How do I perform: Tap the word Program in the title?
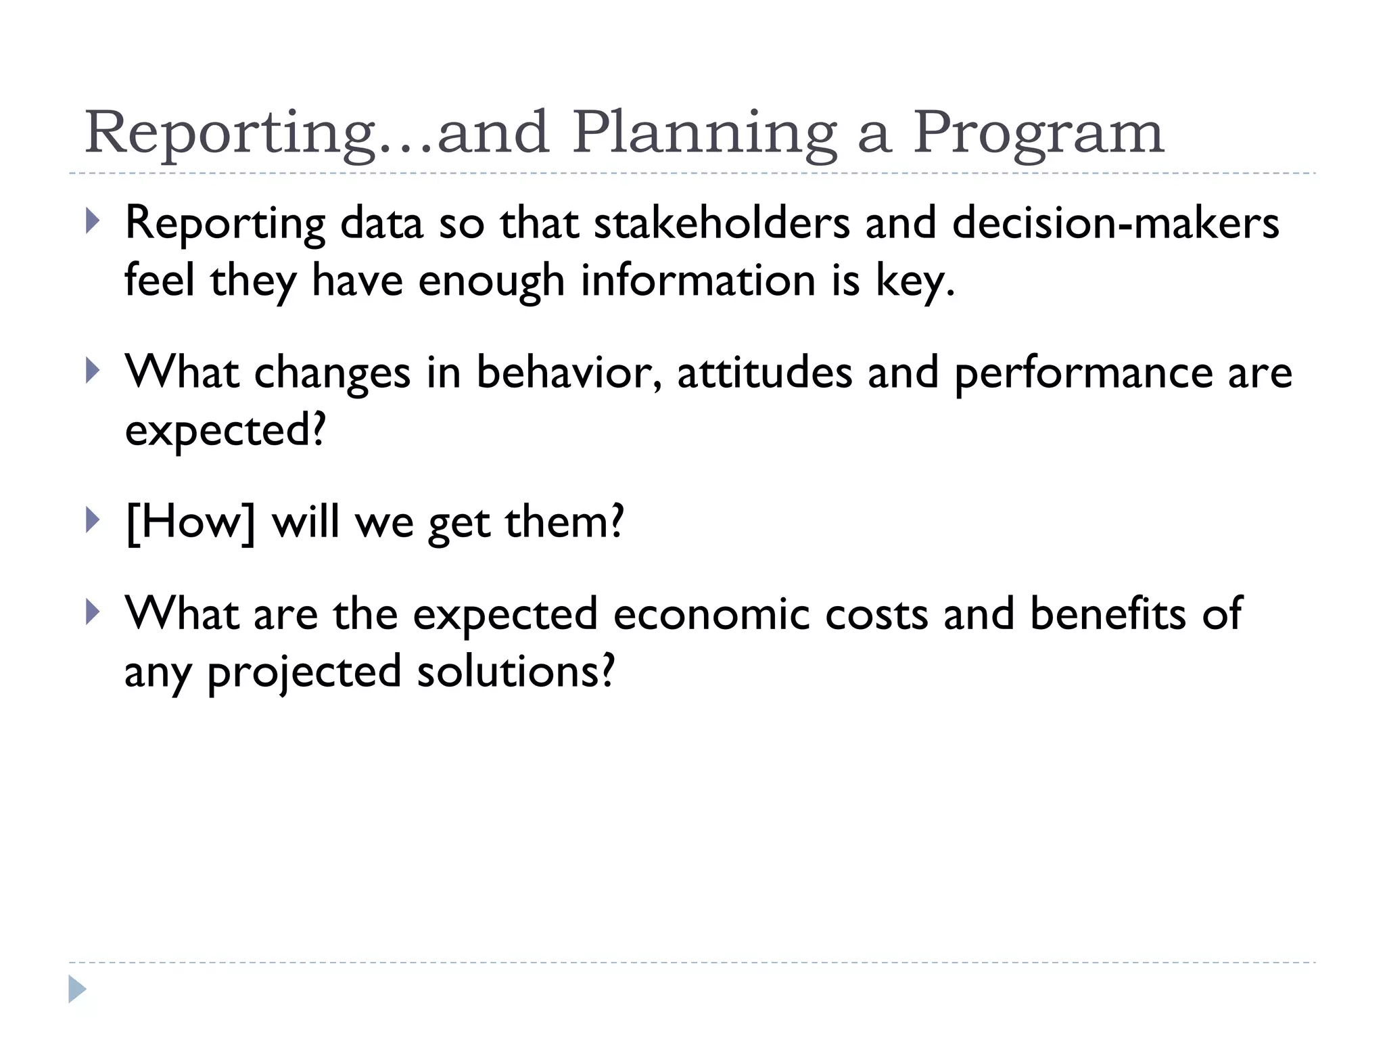coord(1038,133)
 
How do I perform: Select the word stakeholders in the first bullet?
coord(722,223)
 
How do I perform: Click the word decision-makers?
coord(1116,223)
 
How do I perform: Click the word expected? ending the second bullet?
coord(226,431)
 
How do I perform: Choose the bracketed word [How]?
coord(191,522)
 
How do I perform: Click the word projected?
coord(304,672)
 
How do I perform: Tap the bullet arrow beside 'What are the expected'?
coord(93,612)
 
